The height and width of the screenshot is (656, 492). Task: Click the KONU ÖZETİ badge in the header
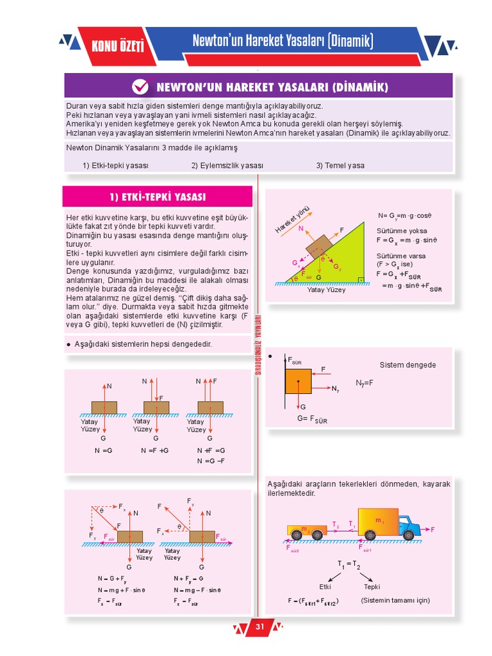pos(117,45)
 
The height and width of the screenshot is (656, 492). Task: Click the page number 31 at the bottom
pos(259,626)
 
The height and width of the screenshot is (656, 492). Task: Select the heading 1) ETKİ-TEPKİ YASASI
pos(158,197)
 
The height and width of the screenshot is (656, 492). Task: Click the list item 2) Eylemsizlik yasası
pos(227,165)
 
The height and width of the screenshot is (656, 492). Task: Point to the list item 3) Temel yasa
pos(340,165)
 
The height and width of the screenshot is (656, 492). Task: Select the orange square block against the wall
pos(298,381)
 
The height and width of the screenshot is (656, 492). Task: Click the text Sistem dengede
pos(407,365)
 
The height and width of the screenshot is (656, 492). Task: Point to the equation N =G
pos(103,451)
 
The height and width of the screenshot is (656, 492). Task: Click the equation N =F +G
pos(154,451)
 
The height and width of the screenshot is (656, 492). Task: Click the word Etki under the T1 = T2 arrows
pos(325,586)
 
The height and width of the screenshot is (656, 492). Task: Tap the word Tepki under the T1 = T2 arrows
pos(372,586)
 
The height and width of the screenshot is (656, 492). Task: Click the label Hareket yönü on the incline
pos(293,219)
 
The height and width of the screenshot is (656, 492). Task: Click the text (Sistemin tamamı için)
pos(395,600)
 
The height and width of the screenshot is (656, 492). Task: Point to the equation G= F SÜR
pos(312,420)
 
